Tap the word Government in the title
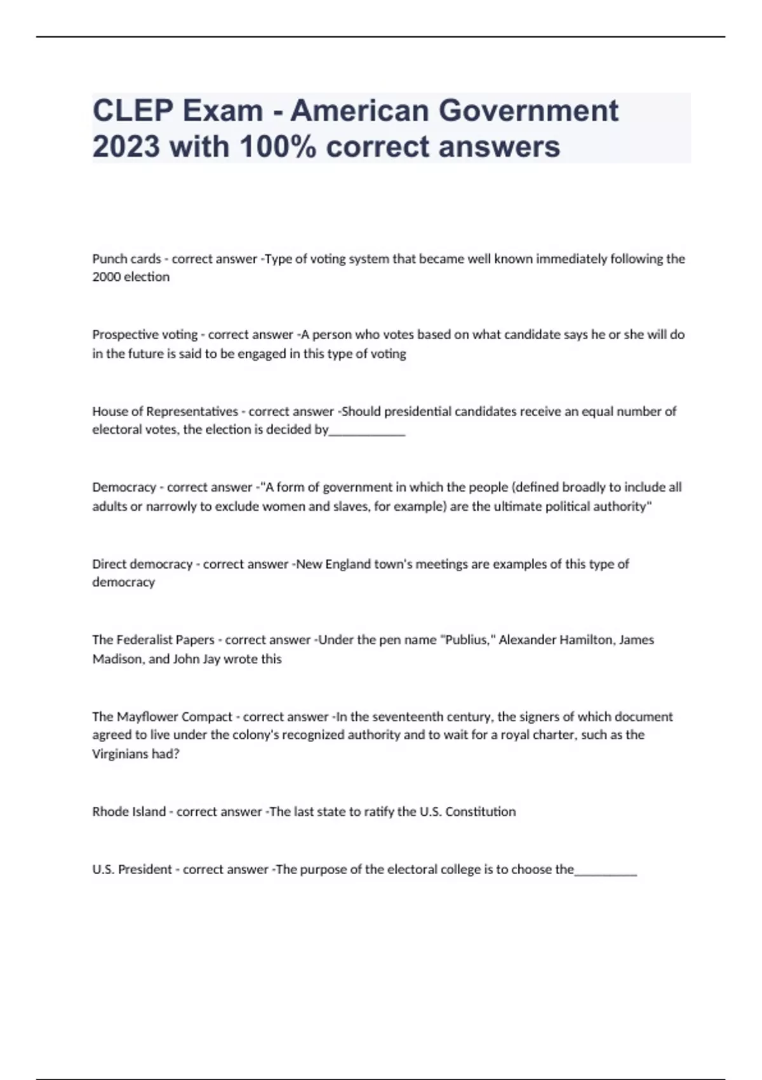click(x=528, y=111)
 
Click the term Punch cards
click(x=126, y=259)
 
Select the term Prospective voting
click(x=145, y=335)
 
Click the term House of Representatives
click(x=165, y=412)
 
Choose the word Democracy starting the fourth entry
click(x=124, y=488)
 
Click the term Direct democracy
click(x=142, y=564)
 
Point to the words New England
click(x=330, y=564)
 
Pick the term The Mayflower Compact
click(x=162, y=717)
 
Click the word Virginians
click(x=121, y=755)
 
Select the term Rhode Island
click(x=129, y=812)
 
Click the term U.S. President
click(x=132, y=870)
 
